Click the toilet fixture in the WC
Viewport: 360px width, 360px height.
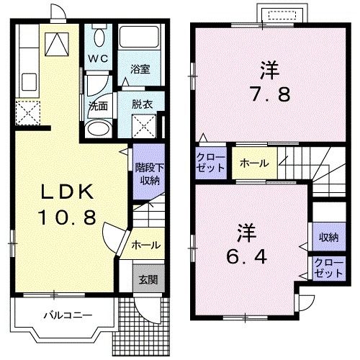coord(99,35)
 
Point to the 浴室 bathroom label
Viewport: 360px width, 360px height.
coord(140,69)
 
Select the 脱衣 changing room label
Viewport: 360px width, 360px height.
coord(141,104)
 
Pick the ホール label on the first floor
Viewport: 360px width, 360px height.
coord(145,246)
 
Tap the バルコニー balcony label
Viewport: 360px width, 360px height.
coord(66,315)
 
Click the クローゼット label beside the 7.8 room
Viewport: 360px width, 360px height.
coord(210,162)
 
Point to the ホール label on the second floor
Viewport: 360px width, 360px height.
coord(254,163)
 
